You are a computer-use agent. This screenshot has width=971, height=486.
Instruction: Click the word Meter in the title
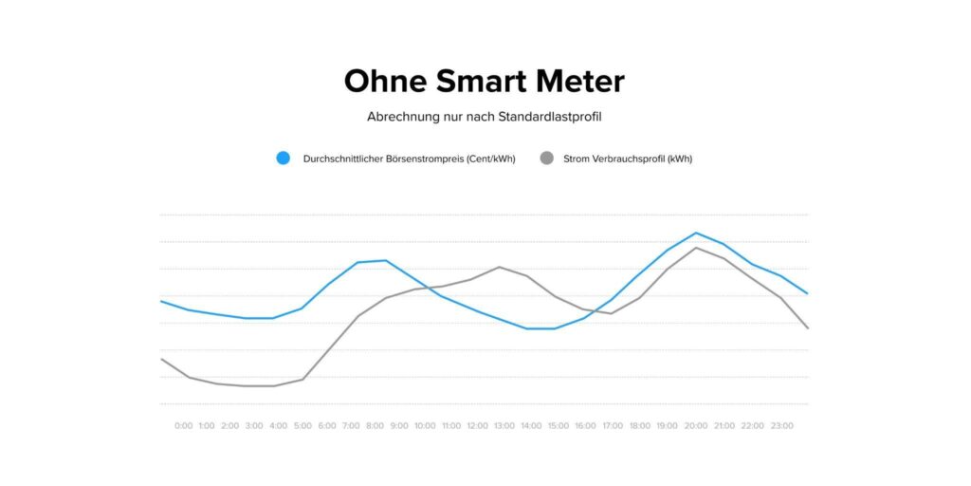[x=579, y=81]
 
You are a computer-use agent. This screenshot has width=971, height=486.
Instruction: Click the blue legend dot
[x=283, y=159]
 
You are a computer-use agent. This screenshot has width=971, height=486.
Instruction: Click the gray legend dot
[x=546, y=159]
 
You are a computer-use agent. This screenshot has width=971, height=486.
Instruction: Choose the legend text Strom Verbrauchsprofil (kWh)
[x=627, y=159]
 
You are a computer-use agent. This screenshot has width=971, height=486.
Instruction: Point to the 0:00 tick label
[x=184, y=426]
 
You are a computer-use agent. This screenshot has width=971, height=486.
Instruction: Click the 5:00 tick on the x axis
[x=302, y=426]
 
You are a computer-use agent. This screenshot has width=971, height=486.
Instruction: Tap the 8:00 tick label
[x=375, y=426]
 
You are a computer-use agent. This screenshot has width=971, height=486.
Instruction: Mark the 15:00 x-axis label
[x=557, y=426]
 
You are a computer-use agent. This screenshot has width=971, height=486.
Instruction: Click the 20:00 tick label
[x=696, y=426]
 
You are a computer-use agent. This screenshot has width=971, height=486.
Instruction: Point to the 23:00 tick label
[x=780, y=426]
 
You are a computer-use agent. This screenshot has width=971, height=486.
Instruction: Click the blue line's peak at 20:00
[x=696, y=233]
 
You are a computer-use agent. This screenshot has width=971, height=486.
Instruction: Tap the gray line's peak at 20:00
[x=696, y=248]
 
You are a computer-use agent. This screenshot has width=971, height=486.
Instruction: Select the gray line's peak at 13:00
[x=499, y=267]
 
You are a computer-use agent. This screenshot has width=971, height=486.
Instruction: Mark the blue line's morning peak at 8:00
[x=385, y=260]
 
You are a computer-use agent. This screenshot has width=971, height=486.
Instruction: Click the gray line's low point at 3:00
[x=247, y=386]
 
